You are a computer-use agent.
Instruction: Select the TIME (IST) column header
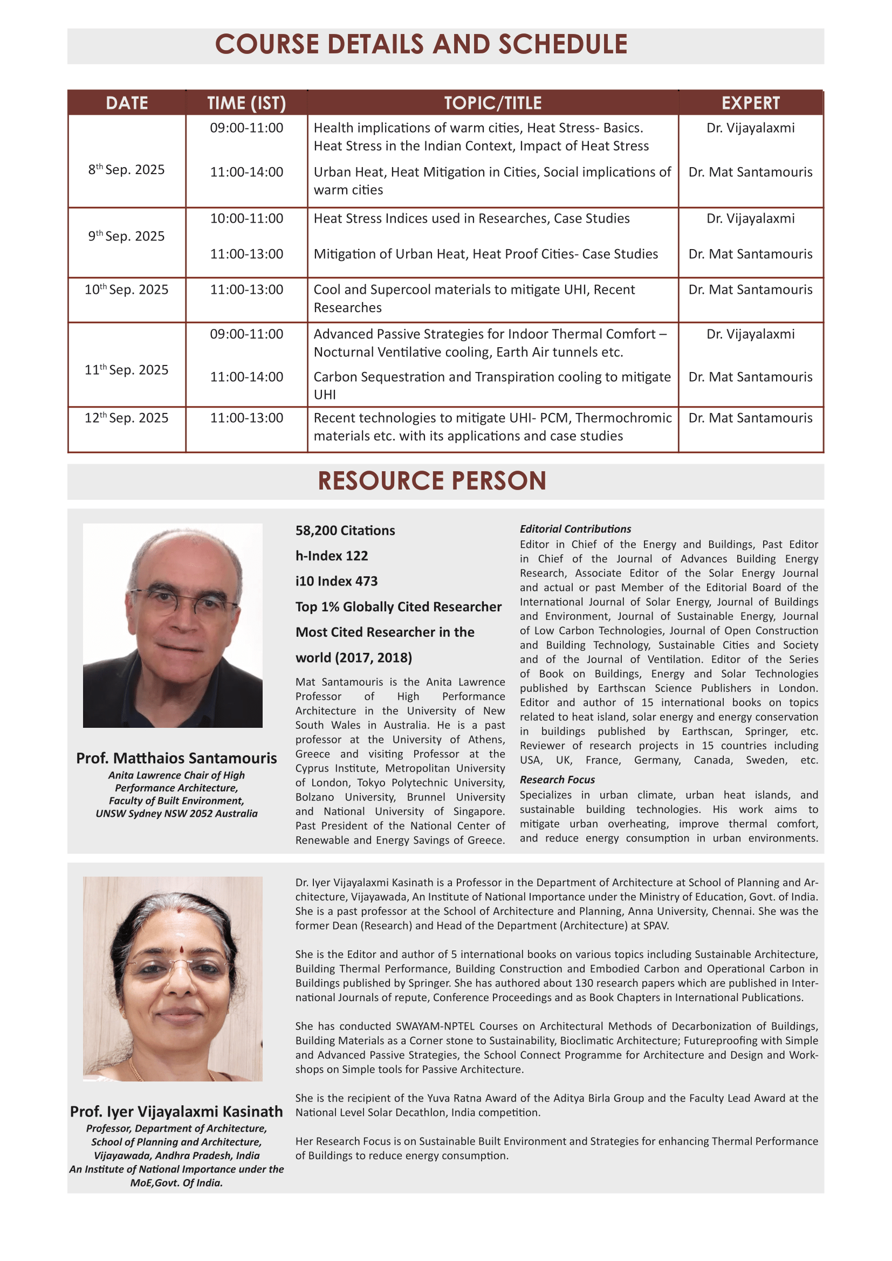[x=246, y=104]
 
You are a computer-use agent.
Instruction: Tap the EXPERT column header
[x=750, y=104]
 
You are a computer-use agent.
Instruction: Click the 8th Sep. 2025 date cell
[x=126, y=170]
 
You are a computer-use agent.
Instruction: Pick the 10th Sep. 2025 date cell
[x=126, y=290]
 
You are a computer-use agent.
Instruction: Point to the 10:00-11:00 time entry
[x=246, y=218]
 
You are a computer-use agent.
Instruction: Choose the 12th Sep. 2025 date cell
[x=126, y=418]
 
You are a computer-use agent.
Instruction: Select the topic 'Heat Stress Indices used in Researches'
[x=471, y=218]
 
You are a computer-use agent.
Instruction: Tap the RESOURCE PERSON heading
[x=432, y=481]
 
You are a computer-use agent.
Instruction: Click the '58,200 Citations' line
[x=345, y=530]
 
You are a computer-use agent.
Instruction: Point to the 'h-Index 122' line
[x=331, y=556]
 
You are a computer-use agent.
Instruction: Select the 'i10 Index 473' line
[x=336, y=581]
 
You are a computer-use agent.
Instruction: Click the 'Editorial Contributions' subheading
[x=575, y=529]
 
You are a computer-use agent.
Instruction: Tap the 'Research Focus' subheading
[x=557, y=780]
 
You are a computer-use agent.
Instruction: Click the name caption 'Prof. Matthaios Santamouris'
[x=176, y=759]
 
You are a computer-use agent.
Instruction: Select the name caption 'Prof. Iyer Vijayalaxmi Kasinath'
[x=176, y=1112]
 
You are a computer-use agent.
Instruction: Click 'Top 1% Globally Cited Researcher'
[x=398, y=607]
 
